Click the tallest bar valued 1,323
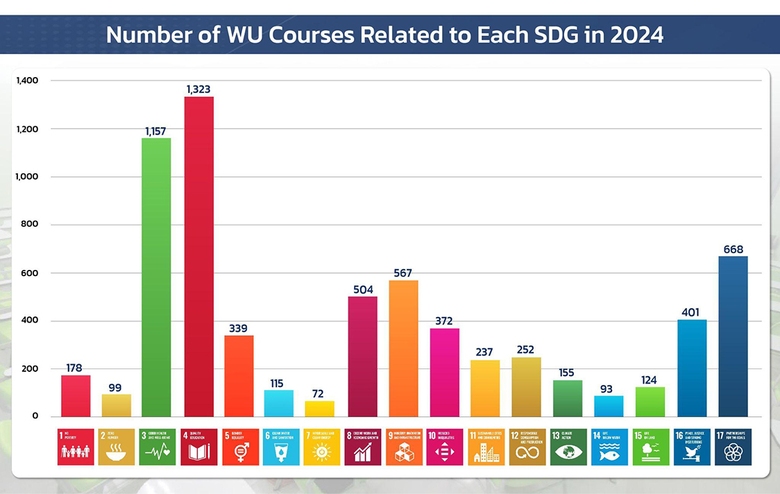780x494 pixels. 198,257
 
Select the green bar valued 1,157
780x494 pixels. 156,278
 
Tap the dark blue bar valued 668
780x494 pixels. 734,337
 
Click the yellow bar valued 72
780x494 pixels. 319,409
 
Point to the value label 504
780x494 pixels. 362,289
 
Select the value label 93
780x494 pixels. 607,389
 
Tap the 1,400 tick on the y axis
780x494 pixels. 27,80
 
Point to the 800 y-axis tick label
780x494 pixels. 29,225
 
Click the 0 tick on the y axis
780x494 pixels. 34,416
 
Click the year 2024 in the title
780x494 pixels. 636,35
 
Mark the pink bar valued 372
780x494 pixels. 444,372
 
